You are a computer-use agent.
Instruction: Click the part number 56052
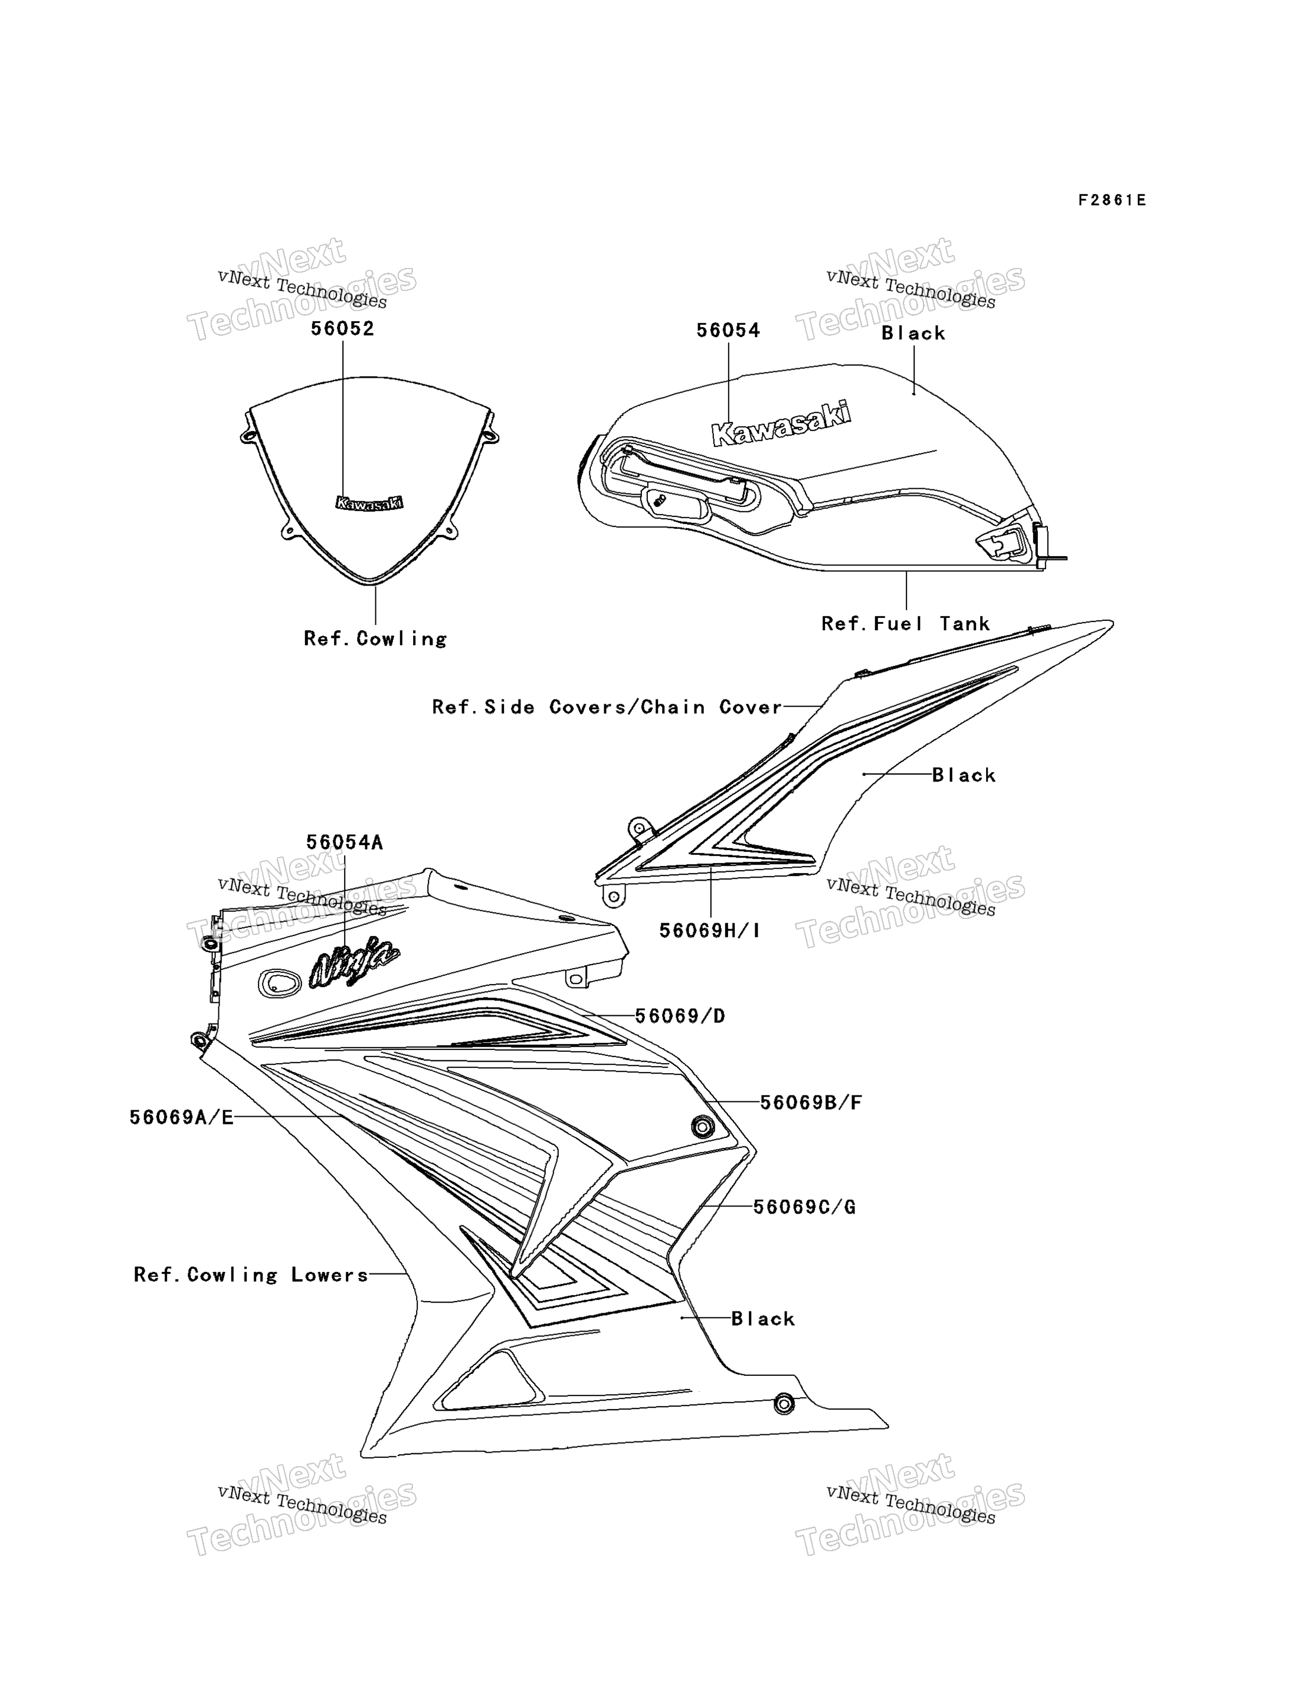click(342, 329)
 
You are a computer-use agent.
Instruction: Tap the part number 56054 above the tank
click(728, 331)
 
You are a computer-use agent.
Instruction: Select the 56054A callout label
click(345, 842)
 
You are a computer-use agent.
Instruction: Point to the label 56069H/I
click(709, 931)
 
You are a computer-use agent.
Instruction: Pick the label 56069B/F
click(811, 1103)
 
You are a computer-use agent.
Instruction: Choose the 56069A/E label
click(181, 1117)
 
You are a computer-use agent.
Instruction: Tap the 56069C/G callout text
click(804, 1206)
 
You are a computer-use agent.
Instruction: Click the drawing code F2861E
click(1112, 201)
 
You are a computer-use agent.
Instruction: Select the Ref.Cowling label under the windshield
click(375, 639)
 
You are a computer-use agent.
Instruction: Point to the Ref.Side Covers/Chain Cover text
click(607, 707)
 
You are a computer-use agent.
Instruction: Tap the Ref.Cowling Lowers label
click(251, 1275)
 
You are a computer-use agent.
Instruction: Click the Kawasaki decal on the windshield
click(369, 503)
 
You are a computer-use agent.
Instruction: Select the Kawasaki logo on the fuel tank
click(781, 423)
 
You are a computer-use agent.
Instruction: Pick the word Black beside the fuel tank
click(913, 333)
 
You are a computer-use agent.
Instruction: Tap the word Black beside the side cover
click(964, 775)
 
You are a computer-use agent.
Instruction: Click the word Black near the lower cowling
click(763, 1319)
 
